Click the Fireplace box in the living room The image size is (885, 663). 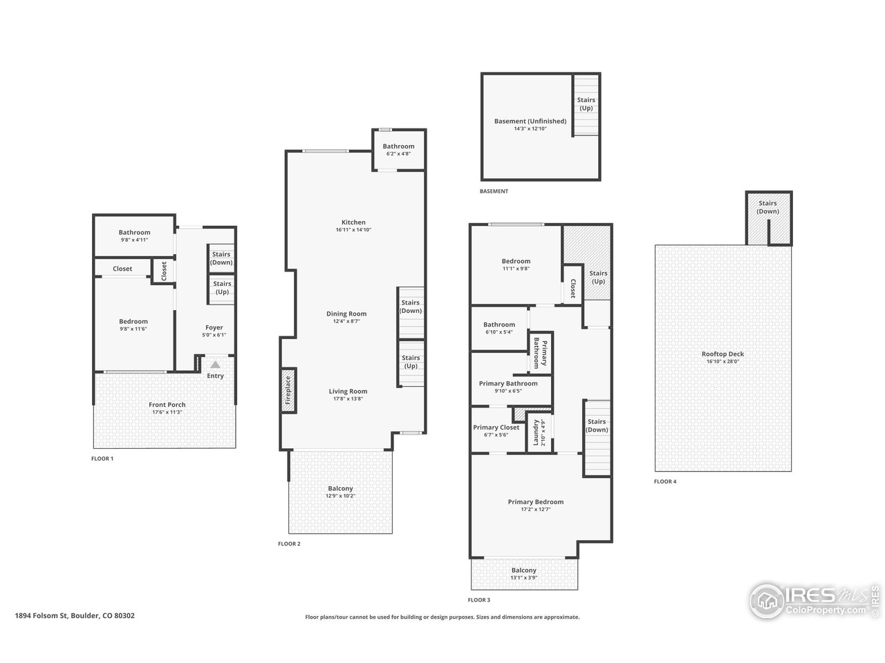[287, 392]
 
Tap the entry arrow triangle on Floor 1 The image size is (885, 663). [215, 365]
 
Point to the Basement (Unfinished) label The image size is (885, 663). [530, 122]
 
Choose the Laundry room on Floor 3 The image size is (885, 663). [536, 432]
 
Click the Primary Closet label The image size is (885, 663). [496, 427]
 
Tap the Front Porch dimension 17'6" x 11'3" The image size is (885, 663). [167, 412]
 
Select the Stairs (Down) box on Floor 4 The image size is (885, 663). [767, 207]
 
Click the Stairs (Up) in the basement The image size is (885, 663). [586, 104]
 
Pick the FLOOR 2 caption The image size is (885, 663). [289, 544]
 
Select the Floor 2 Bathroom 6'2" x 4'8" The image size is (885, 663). [398, 150]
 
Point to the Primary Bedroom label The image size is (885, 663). [535, 502]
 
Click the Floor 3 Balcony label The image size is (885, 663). [523, 570]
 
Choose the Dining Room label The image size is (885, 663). [346, 314]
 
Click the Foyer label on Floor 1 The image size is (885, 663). [214, 327]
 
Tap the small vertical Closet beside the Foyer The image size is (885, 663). [164, 271]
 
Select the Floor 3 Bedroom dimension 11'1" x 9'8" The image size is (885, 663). [515, 269]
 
